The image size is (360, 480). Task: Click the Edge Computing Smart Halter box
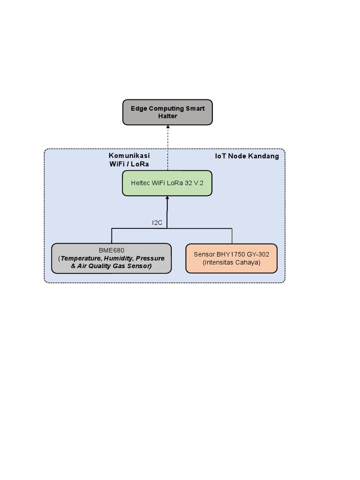pyautogui.click(x=167, y=112)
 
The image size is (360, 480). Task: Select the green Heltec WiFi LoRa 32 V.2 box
pyautogui.click(x=167, y=183)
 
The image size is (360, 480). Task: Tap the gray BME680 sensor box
pyautogui.click(x=111, y=258)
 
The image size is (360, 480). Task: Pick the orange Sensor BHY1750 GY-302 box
pyautogui.click(x=232, y=258)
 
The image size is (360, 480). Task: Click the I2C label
pyautogui.click(x=157, y=223)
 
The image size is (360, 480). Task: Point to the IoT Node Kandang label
pyautogui.click(x=247, y=156)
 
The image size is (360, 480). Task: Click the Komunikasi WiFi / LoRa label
pyautogui.click(x=129, y=159)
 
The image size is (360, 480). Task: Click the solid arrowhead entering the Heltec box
pyautogui.click(x=167, y=198)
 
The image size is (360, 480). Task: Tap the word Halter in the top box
pyautogui.click(x=167, y=116)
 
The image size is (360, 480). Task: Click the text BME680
pyautogui.click(x=112, y=251)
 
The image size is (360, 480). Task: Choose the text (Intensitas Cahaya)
pyautogui.click(x=232, y=262)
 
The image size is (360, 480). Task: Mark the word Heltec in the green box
pyautogui.click(x=141, y=183)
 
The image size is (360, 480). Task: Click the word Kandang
pyautogui.click(x=264, y=156)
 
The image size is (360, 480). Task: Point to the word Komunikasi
pyautogui.click(x=129, y=156)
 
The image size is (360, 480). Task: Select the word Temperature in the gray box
pyautogui.click(x=81, y=258)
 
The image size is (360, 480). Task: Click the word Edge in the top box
pyautogui.click(x=139, y=108)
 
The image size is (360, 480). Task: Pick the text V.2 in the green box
pyautogui.click(x=199, y=183)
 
